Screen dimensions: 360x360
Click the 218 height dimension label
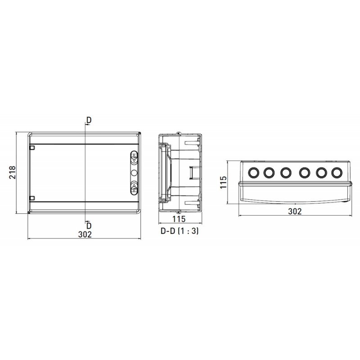pyautogui.click(x=12, y=172)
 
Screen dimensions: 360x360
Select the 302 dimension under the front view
pyautogui.click(x=85, y=234)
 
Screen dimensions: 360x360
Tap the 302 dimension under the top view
pyautogui.click(x=295, y=211)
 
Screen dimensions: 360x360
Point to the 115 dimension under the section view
pyautogui.click(x=179, y=219)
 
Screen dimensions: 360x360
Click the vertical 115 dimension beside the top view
pyautogui.click(x=223, y=182)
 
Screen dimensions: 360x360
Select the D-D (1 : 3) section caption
pyautogui.click(x=180, y=231)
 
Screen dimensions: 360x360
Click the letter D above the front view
pyautogui.click(x=89, y=120)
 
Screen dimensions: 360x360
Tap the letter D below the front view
pyautogui.click(x=89, y=226)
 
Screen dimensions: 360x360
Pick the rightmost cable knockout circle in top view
pyautogui.click(x=336, y=172)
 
